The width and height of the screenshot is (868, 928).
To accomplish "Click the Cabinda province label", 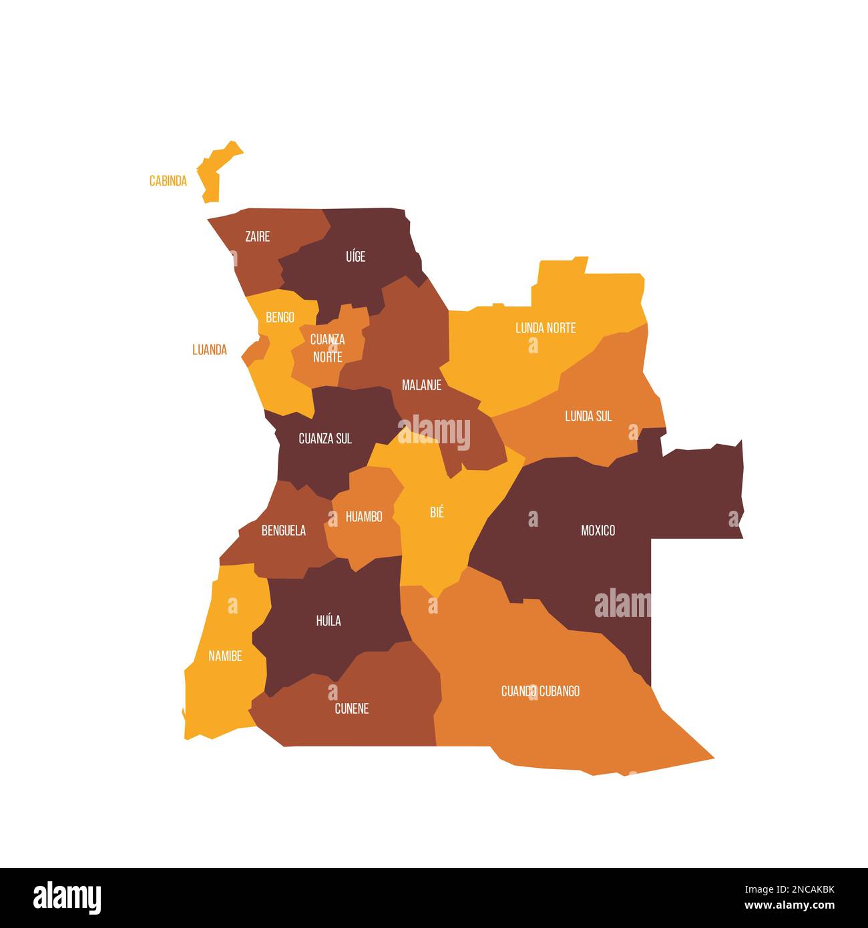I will (x=168, y=181).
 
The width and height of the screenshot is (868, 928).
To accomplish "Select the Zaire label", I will (x=257, y=236).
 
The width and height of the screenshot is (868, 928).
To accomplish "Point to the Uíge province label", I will (x=355, y=256).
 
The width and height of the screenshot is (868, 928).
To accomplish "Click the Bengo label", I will (x=280, y=317).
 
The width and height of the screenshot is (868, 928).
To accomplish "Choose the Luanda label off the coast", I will (x=209, y=350).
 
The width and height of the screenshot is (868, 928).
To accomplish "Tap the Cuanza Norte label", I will (x=327, y=348).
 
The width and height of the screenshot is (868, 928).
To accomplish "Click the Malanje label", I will (x=421, y=385).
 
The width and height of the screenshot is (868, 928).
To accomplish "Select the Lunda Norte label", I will (x=545, y=328).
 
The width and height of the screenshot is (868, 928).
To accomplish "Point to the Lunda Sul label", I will (x=588, y=416).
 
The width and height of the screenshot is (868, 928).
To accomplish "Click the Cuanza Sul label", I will (x=324, y=439).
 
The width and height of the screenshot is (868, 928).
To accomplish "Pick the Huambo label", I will (x=364, y=517).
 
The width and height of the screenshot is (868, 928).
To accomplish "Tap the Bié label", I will (x=437, y=513).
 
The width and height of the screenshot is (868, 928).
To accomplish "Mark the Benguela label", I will (x=283, y=531).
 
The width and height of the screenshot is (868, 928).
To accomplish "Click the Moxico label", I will (x=598, y=530).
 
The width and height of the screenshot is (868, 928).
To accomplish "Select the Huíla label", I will (x=328, y=621).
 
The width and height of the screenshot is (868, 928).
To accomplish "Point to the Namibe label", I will (x=225, y=656).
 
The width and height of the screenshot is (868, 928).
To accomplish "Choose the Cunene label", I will (x=351, y=709).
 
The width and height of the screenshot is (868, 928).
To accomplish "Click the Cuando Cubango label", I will (x=540, y=691).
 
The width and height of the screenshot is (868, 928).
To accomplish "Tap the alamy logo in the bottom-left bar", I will (x=67, y=897).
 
